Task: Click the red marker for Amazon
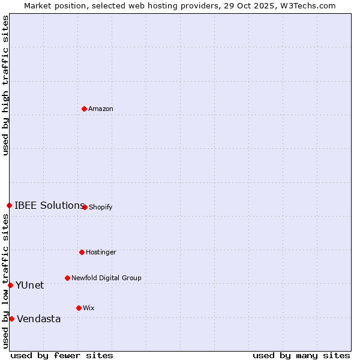coord(84,109)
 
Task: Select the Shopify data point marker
coord(85,207)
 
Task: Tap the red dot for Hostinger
coord(82,252)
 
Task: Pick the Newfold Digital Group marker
coord(67,278)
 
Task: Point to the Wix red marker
coord(79,308)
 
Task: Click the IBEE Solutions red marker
coord(9,205)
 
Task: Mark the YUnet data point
coord(10,285)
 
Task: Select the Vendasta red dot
coord(11,319)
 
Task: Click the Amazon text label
coord(101,109)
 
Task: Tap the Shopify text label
coord(101,208)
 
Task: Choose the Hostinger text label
coord(101,253)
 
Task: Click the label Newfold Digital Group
coord(106,278)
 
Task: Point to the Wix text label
coord(89,308)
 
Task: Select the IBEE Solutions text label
coord(49,206)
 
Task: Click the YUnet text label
coord(30,286)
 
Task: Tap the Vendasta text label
coord(39,319)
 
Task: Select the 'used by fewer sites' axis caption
coord(62,355)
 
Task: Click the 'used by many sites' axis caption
coord(301,355)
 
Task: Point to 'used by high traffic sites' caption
coord(6,85)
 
